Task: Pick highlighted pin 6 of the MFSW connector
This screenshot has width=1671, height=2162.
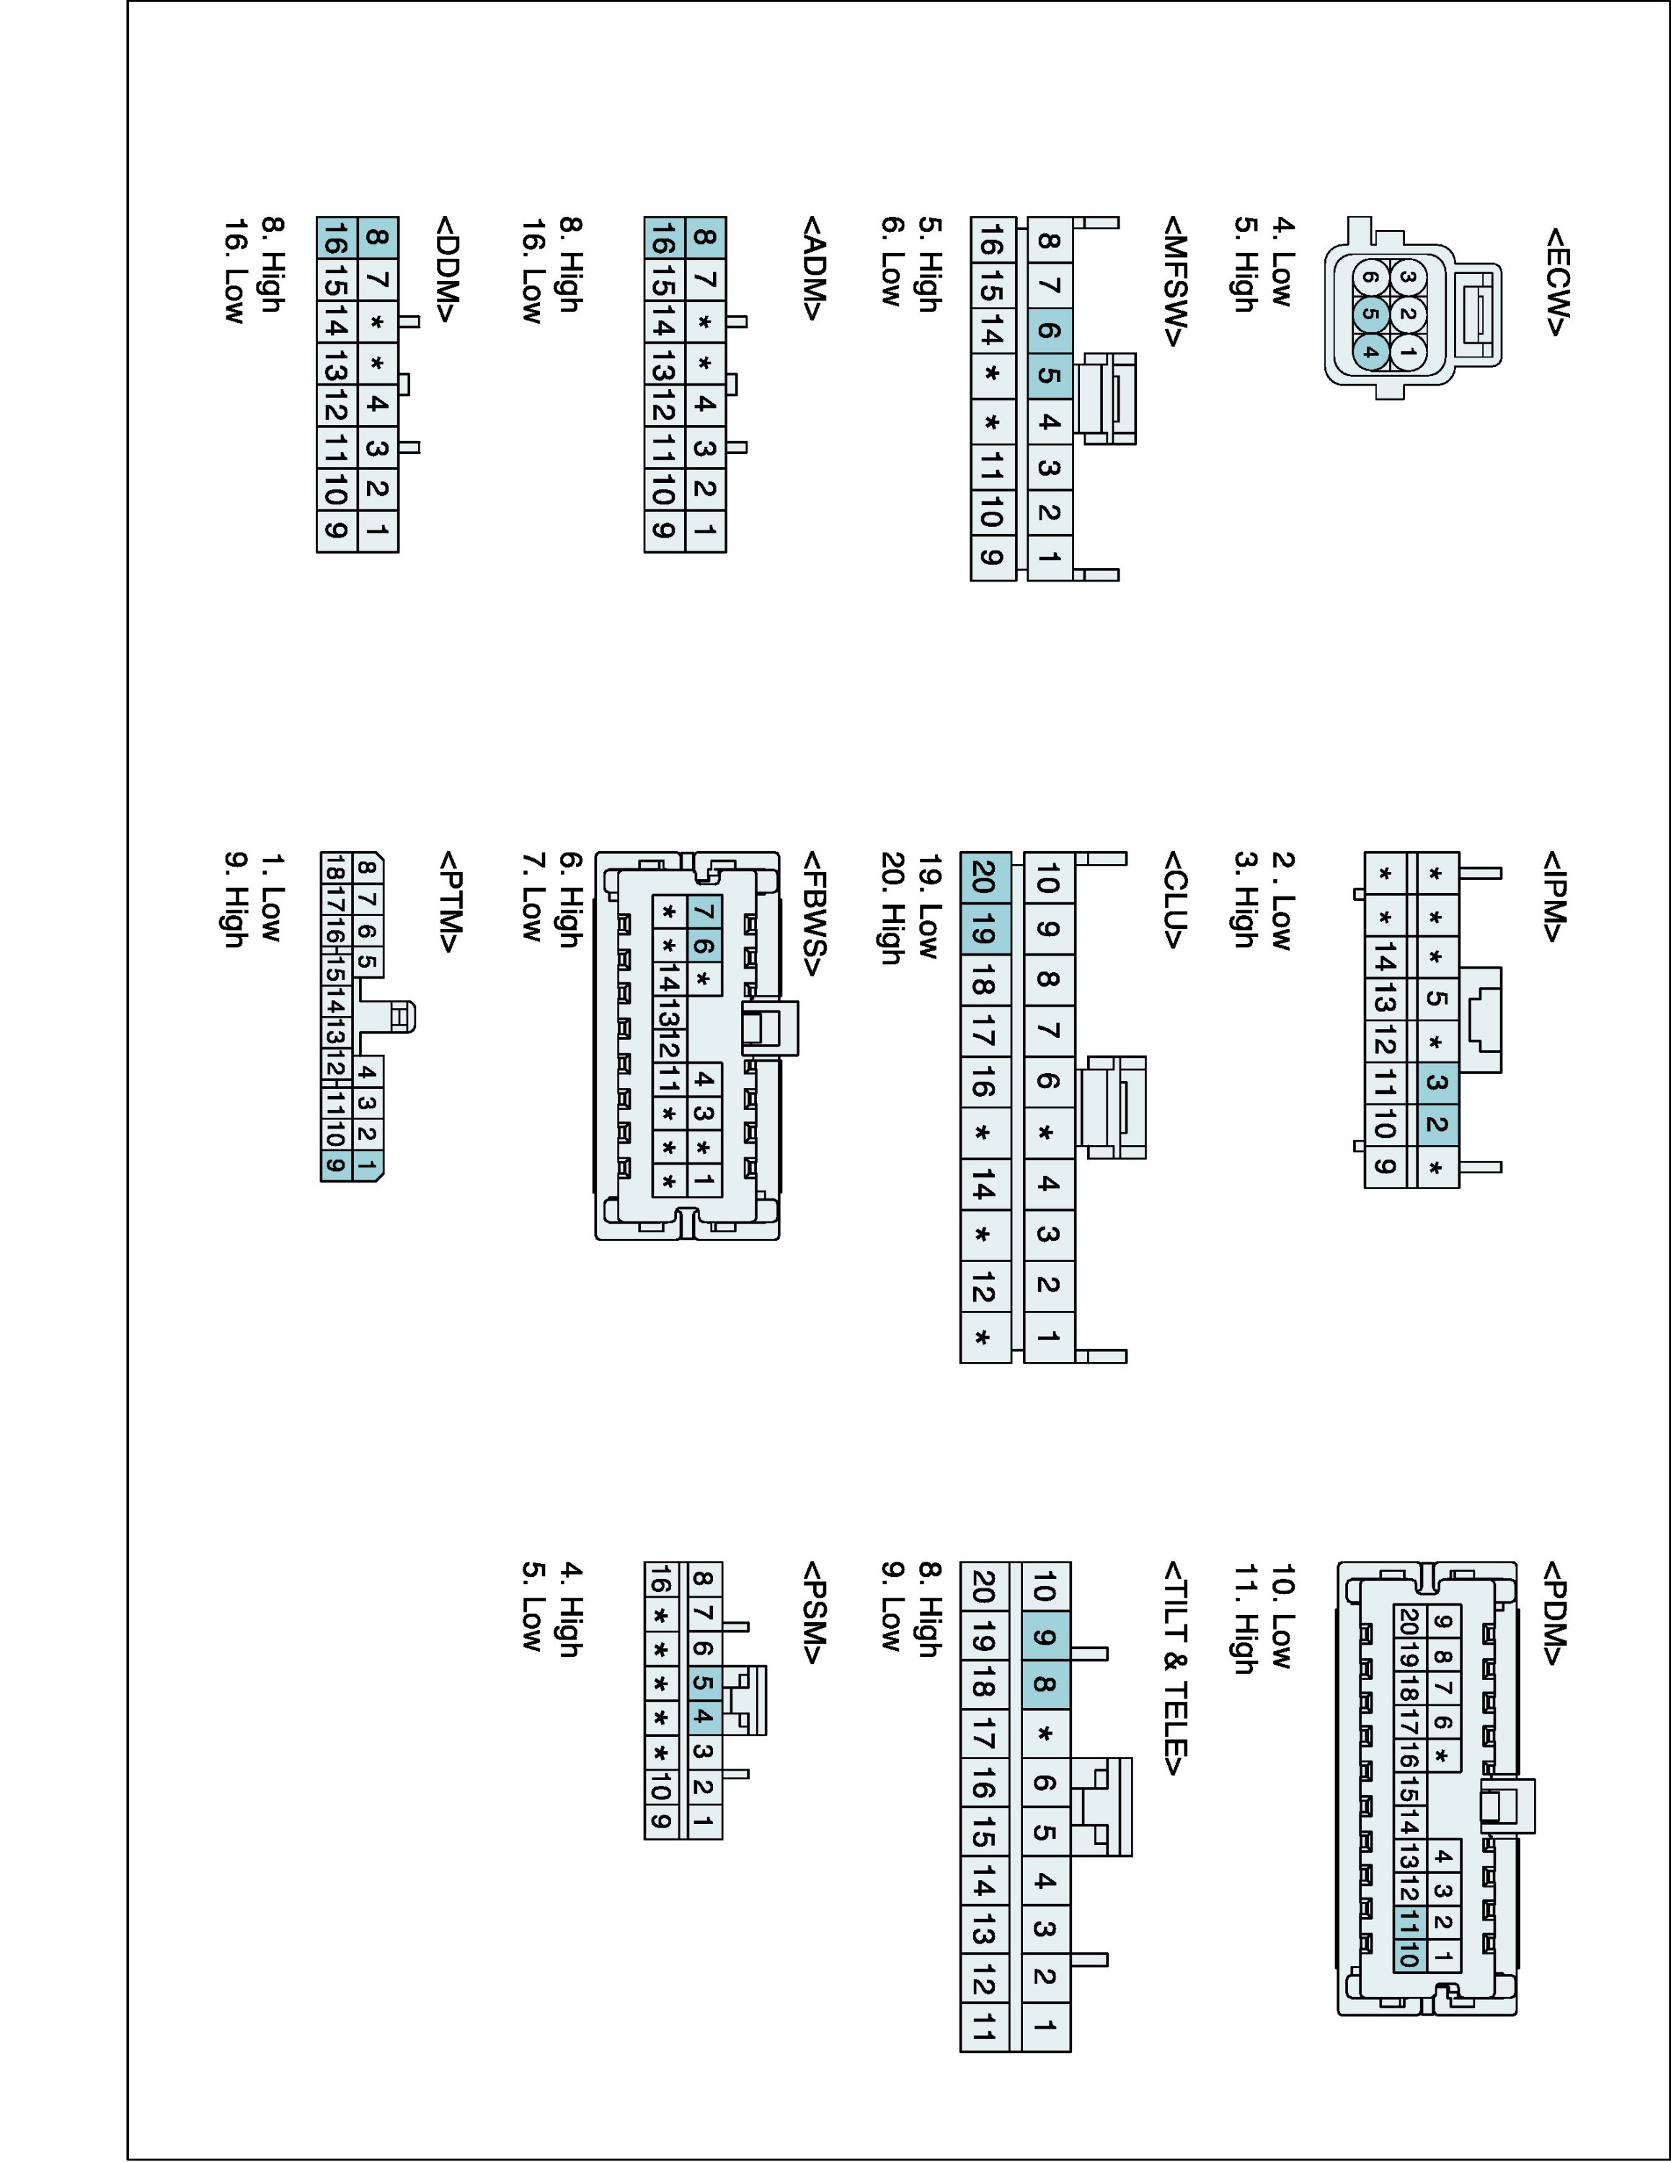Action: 1050,329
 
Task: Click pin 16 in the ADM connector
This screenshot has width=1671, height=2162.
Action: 663,239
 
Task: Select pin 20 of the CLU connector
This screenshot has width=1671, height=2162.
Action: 984,877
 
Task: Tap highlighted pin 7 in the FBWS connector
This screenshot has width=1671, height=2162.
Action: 704,911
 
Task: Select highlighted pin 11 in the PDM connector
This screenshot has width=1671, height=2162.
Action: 1409,1923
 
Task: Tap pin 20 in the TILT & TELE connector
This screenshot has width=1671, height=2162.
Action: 984,1587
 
